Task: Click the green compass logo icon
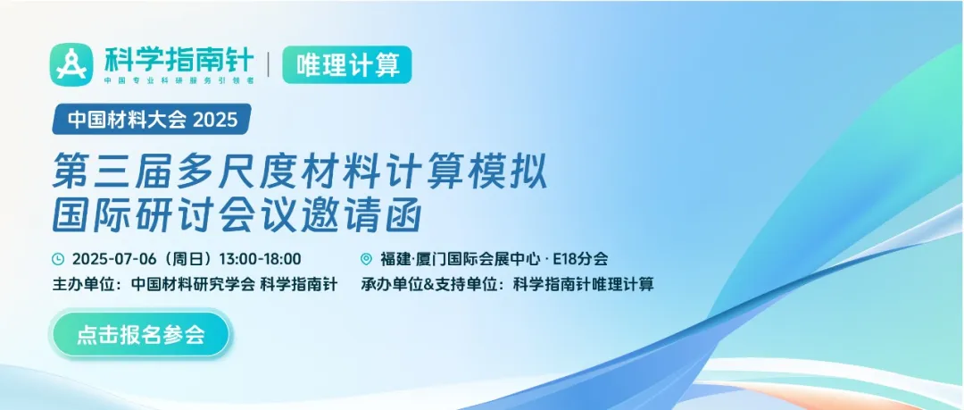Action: point(71,64)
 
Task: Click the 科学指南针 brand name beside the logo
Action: point(179,60)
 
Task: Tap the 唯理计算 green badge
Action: point(346,64)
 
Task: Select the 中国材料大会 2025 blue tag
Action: point(152,119)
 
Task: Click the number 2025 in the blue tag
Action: point(215,120)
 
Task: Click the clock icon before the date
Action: point(58,259)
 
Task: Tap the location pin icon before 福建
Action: point(367,259)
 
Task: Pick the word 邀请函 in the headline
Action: point(363,215)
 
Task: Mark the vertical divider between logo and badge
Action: point(268,64)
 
